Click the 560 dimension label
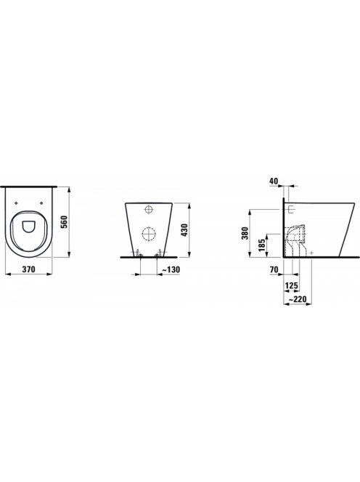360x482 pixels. [x=65, y=221]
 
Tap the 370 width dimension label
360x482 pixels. [x=28, y=269]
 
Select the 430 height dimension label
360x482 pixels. [x=184, y=230]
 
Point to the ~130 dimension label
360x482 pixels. [x=171, y=269]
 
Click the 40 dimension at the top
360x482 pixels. [x=274, y=181]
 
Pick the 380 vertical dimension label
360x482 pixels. [x=245, y=234]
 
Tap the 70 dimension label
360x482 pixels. [x=274, y=270]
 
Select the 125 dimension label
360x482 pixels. [x=292, y=286]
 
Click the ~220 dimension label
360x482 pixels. [x=298, y=299]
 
